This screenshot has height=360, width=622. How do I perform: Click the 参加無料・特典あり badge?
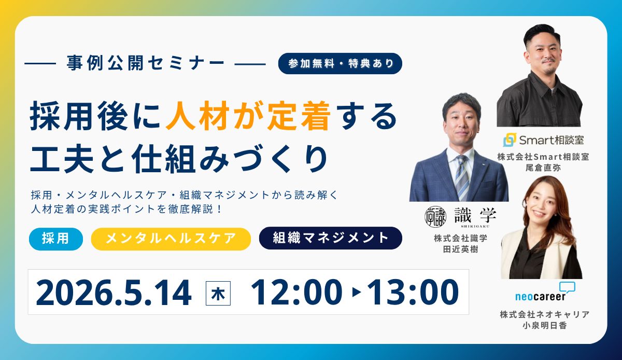click(x=340, y=63)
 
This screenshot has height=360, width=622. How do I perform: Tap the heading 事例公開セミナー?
click(x=146, y=63)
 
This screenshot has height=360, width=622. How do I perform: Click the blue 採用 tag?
click(x=56, y=239)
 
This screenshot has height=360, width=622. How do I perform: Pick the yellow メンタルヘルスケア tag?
click(x=171, y=239)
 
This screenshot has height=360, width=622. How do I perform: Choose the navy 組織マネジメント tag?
click(x=330, y=238)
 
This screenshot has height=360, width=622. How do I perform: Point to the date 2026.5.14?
click(x=114, y=293)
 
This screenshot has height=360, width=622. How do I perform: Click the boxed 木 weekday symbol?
click(x=218, y=293)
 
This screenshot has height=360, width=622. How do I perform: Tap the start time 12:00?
click(x=296, y=293)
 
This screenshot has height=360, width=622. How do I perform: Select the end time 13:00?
click(x=412, y=293)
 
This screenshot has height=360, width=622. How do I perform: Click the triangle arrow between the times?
click(x=356, y=293)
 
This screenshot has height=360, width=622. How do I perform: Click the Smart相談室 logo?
click(x=539, y=140)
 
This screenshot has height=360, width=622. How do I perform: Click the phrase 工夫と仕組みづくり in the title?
click(x=179, y=157)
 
